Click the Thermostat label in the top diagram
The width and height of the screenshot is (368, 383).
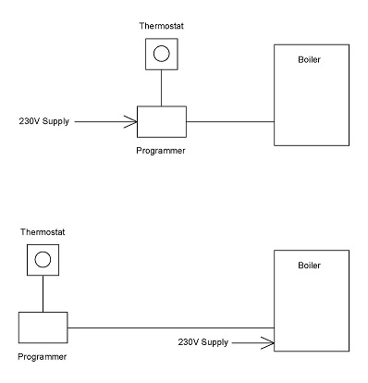161,28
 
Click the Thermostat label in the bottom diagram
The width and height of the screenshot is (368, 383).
41,231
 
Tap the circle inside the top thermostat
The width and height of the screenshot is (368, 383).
161,55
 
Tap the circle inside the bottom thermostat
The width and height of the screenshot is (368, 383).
42,259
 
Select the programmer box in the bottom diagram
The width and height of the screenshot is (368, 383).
42,327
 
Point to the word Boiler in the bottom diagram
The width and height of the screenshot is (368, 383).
309,266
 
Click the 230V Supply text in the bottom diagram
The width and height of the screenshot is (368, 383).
203,343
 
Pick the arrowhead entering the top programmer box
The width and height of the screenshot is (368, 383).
131,121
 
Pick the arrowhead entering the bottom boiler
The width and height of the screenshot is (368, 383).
269,343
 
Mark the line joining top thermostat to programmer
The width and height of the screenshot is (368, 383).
161,89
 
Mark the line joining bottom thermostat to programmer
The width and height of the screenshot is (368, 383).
42,294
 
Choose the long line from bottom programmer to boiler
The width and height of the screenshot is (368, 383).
166,327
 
